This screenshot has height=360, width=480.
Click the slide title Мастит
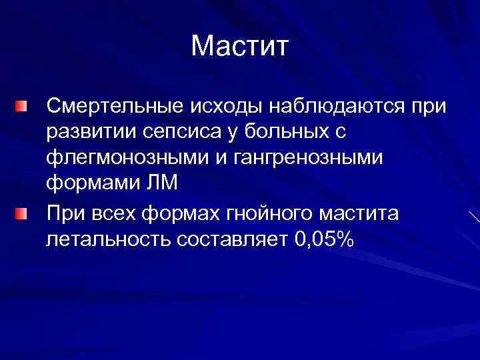point(239,46)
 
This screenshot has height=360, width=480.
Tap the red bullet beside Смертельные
point(23,106)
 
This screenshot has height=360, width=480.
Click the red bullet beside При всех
point(23,213)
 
